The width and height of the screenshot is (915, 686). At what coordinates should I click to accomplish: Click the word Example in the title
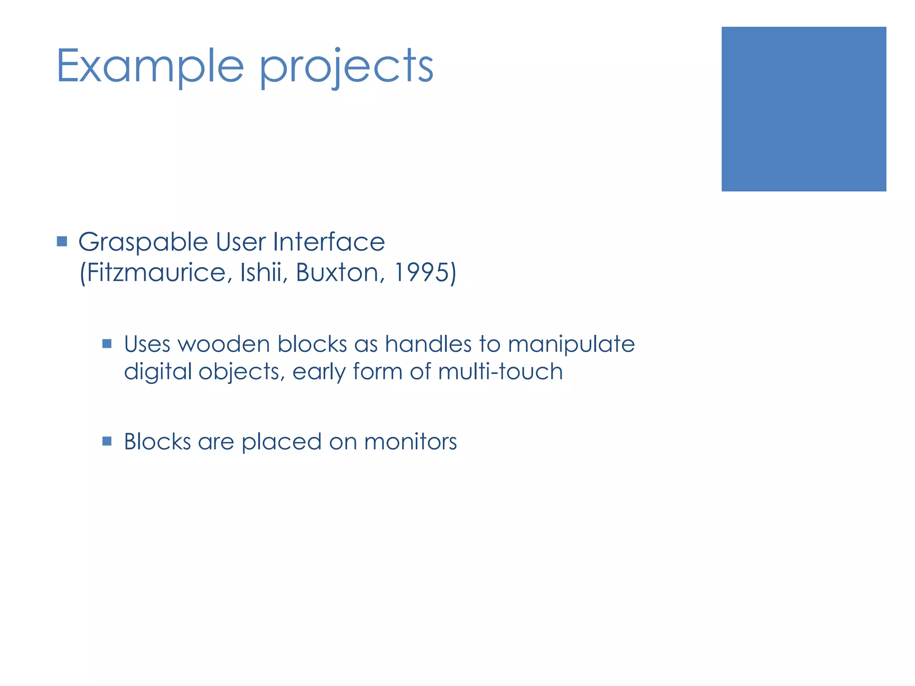point(150,67)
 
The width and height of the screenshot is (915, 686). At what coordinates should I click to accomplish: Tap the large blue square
point(803,109)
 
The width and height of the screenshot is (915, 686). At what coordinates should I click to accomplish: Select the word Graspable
point(143,243)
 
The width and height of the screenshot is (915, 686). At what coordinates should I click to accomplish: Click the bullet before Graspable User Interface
point(62,242)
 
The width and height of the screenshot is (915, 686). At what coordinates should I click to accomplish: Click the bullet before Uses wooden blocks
point(107,343)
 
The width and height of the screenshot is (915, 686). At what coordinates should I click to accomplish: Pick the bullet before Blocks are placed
point(107,441)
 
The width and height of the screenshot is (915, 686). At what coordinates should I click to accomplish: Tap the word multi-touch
point(500,371)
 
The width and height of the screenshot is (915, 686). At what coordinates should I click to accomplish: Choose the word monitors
point(410,442)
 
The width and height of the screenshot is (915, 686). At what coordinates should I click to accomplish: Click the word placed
point(281,442)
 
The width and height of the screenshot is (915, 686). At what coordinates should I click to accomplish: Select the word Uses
point(147,344)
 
